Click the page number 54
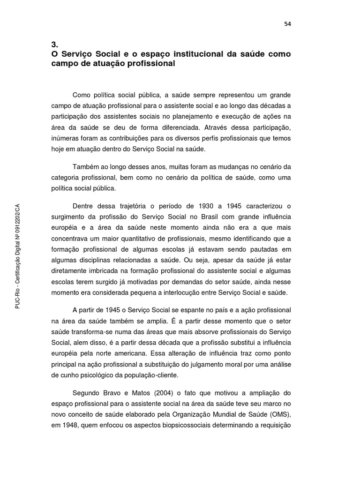pos(287,24)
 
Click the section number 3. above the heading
pos(54,45)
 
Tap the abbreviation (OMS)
pos(280,414)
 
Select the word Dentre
pos(83,206)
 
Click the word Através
pos(214,127)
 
